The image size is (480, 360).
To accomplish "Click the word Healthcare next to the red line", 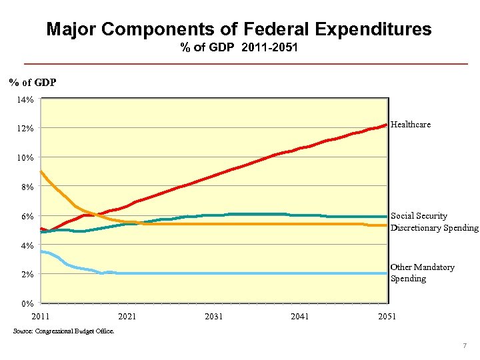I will click(x=411, y=125).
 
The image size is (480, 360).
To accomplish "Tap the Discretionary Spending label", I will click(x=434, y=228).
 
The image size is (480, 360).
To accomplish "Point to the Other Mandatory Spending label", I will click(x=422, y=273).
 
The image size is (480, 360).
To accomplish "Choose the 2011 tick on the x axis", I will click(x=41, y=316).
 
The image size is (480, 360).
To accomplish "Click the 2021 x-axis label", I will click(x=127, y=316).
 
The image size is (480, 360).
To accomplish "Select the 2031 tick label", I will click(x=214, y=316).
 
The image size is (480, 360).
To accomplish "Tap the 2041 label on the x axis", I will click(x=300, y=316).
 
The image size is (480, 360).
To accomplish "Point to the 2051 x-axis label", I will click(x=387, y=316).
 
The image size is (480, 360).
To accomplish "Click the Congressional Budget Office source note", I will click(x=63, y=331).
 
